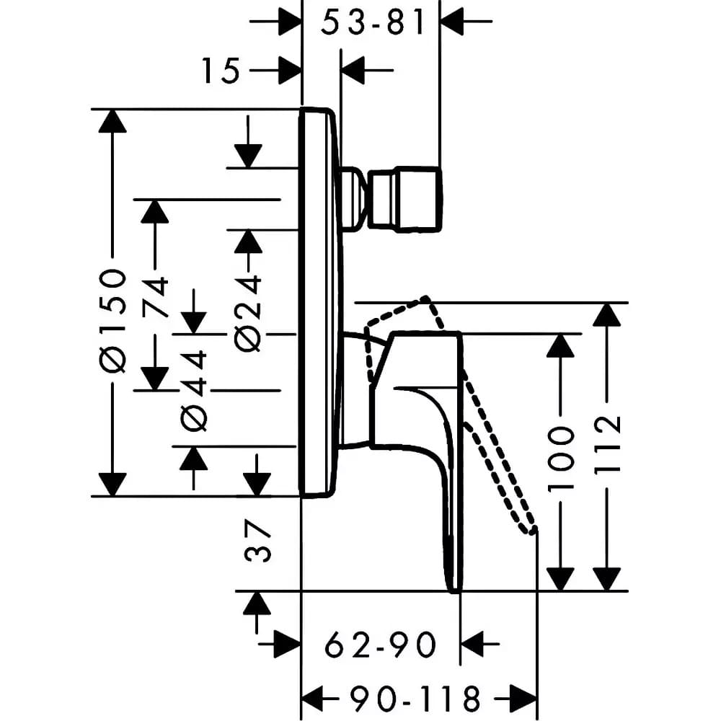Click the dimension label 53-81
(373, 22)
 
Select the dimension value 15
(221, 71)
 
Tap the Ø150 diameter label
(112, 321)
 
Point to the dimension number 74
(154, 297)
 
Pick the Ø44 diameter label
(194, 392)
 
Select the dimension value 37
(257, 541)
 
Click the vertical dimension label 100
(561, 458)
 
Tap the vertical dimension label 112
(607, 444)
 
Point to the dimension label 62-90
(380, 645)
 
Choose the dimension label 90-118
(415, 699)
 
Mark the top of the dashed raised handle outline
(427, 298)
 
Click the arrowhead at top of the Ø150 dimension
(112, 121)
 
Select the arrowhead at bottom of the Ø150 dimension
(112, 485)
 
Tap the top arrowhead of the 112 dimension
(607, 314)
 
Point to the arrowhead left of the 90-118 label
(313, 699)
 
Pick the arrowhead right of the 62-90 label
(472, 644)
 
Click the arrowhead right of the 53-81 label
(452, 21)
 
